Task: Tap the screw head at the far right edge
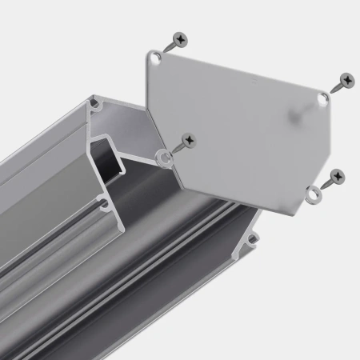click(x=346, y=79)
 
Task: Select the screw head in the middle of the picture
click(x=190, y=141)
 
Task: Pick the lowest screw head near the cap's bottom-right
click(x=336, y=174)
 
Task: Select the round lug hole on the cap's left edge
click(x=163, y=157)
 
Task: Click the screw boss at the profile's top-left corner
click(x=95, y=103)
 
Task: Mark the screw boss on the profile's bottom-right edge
click(x=252, y=238)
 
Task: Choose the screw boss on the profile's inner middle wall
click(x=105, y=202)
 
